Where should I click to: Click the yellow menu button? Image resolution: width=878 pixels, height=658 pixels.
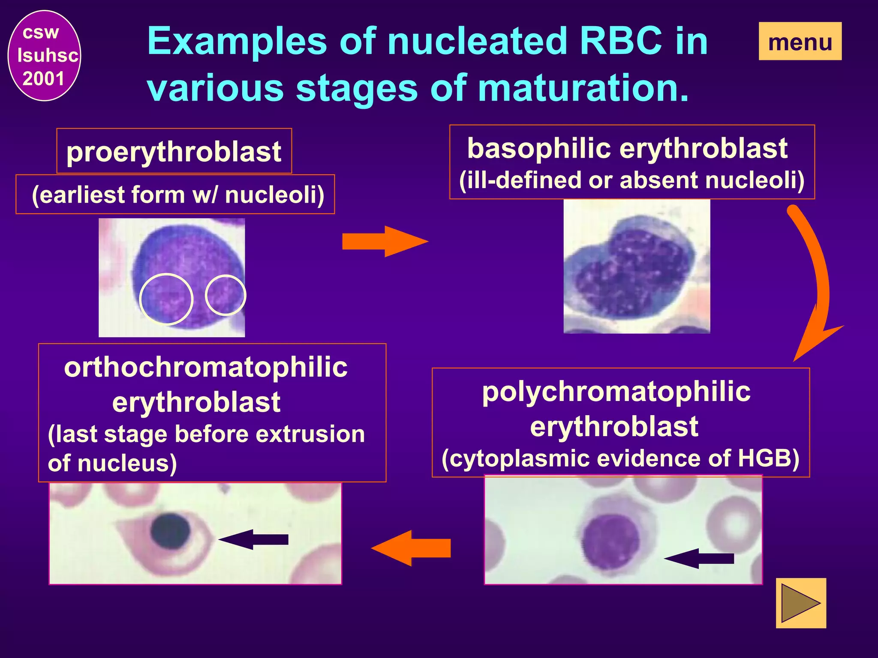point(800,42)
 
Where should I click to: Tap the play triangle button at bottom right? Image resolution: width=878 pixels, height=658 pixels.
point(800,603)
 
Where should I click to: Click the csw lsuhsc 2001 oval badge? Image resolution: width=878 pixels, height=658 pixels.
point(44,56)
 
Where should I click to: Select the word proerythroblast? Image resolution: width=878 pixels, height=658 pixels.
point(174,152)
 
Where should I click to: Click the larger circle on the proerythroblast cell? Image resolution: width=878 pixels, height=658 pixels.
point(166,299)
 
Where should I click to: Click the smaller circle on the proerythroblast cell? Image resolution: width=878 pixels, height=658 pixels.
point(226,295)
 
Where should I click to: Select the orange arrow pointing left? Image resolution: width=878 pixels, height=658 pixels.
point(412,548)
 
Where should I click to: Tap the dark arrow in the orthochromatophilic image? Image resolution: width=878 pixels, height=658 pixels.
point(255,539)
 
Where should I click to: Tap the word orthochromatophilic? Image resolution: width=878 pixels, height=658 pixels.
point(206,368)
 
